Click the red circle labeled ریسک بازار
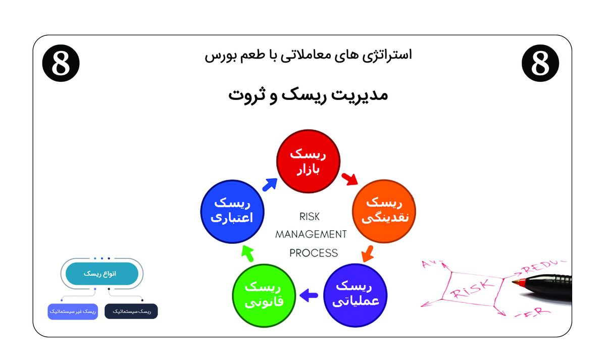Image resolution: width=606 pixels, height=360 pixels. point(308,162)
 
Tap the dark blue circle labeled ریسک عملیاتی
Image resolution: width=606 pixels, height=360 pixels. point(353,294)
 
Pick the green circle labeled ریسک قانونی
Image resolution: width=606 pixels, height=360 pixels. point(263,294)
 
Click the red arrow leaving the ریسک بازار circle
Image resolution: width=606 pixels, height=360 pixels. point(349,179)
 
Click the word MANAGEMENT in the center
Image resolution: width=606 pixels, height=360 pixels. point(311,234)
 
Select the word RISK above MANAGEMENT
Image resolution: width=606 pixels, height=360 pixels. point(310,216)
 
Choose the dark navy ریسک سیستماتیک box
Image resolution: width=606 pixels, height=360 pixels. point(131,311)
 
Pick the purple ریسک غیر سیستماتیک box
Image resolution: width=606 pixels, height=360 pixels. point(73,312)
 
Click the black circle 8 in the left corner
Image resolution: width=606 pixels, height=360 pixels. point(61,63)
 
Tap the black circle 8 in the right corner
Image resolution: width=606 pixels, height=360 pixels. point(540,63)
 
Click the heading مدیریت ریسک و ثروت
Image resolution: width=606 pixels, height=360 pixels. point(308,94)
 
